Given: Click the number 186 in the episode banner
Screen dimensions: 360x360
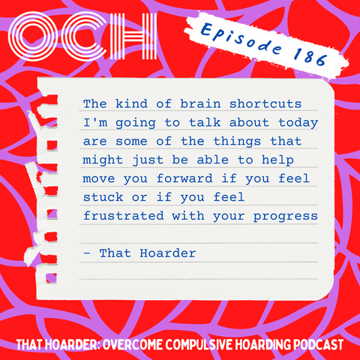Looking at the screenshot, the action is (310, 56).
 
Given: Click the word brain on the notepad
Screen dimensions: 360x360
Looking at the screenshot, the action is (200, 103).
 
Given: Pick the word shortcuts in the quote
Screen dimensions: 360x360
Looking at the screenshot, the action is (265, 103).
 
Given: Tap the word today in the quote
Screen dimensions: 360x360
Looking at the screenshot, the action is (298, 123).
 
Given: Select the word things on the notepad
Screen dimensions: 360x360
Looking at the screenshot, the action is (237, 142).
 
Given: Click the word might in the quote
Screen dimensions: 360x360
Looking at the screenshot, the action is (103, 160).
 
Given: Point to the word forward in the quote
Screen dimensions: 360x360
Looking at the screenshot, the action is (184, 178).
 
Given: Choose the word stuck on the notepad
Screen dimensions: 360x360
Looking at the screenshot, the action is (103, 197).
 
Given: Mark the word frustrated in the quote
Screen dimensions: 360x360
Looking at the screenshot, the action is (124, 216).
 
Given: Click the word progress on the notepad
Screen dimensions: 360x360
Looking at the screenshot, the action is (286, 217).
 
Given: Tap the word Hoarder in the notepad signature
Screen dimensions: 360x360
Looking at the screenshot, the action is (168, 253).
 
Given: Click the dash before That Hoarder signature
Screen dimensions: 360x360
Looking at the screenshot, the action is (87, 253).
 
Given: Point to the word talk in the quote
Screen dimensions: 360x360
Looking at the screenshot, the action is (205, 122).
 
